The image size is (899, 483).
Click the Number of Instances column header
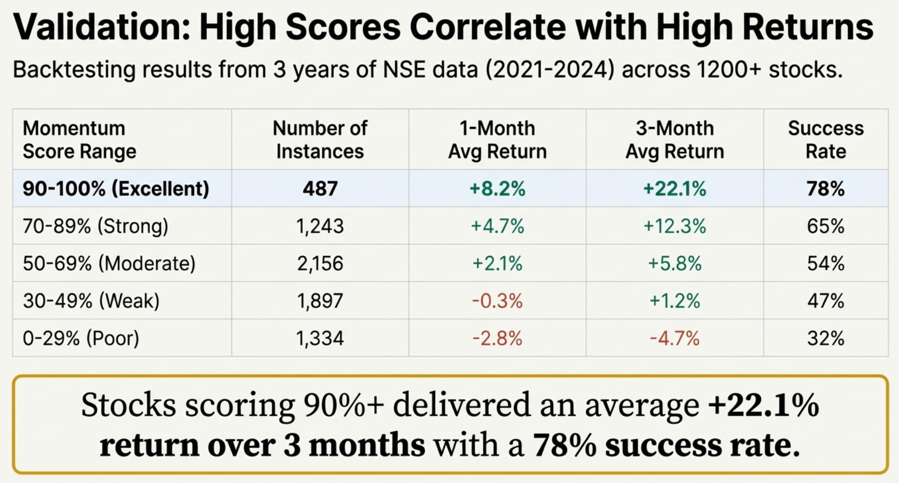(x=320, y=140)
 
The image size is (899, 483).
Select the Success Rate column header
(x=826, y=140)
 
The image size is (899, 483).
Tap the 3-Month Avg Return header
(x=675, y=140)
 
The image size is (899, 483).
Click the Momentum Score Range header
(x=80, y=140)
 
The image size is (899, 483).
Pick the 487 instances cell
(x=320, y=189)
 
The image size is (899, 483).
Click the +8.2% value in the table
(x=497, y=189)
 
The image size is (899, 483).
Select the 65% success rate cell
(x=826, y=226)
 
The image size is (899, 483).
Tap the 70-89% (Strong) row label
(x=96, y=226)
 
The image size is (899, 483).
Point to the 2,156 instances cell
(x=320, y=264)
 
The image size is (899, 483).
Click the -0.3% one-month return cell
(x=497, y=301)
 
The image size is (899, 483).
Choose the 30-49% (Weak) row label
(x=91, y=301)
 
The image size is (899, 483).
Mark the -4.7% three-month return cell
(x=675, y=338)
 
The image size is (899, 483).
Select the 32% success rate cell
(x=826, y=338)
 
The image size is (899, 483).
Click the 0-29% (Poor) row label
(x=81, y=338)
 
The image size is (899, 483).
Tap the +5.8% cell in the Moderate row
(x=675, y=264)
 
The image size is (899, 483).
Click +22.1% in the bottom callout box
(x=763, y=405)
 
